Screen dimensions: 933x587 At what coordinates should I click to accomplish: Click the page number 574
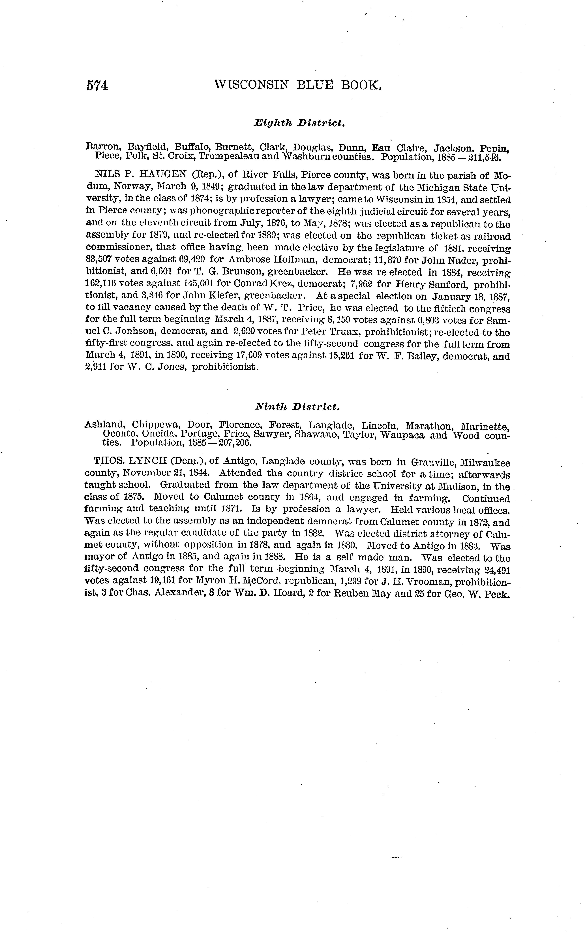click(x=97, y=86)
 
